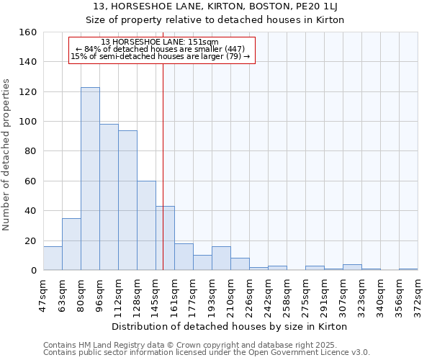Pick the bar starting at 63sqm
pyautogui.click(x=71, y=244)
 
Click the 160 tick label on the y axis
pyautogui.click(x=28, y=32)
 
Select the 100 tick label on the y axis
pyautogui.click(x=28, y=122)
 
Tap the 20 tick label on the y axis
pyautogui.click(x=31, y=240)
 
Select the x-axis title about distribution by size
pyautogui.click(x=230, y=326)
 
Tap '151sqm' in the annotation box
pyautogui.click(x=204, y=42)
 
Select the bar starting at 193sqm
pyautogui.click(x=221, y=258)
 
